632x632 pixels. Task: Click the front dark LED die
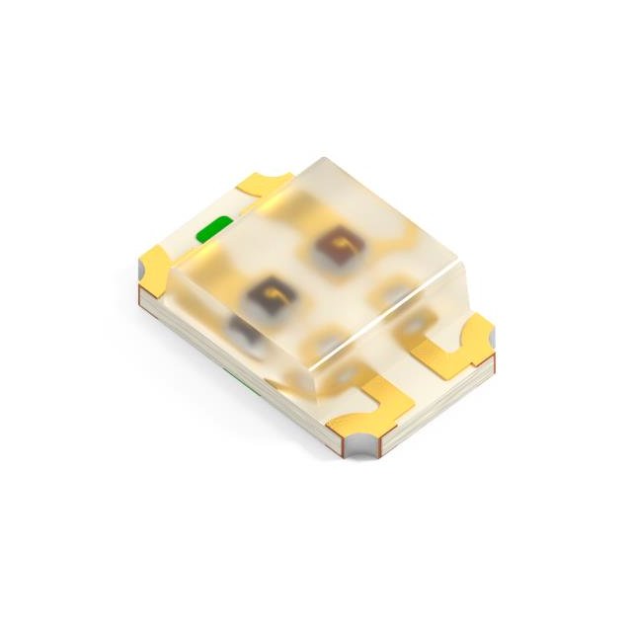click(x=270, y=292)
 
